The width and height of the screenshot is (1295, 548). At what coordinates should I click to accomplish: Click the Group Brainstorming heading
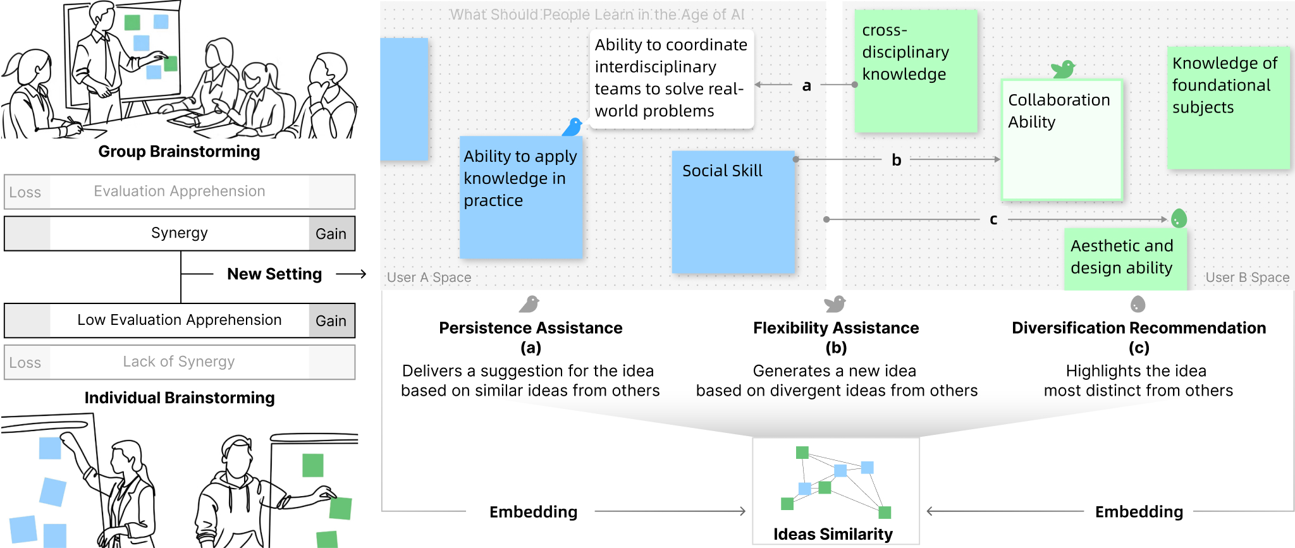point(179,152)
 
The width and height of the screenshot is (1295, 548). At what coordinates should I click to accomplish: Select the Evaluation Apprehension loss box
point(180,192)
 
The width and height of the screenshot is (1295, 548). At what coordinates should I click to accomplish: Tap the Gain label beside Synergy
point(331,234)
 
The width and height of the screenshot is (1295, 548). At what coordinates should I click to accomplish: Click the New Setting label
point(274,274)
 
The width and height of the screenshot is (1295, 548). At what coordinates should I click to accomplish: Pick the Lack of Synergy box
point(180,362)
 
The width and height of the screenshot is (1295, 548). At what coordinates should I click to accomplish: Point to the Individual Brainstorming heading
point(180,398)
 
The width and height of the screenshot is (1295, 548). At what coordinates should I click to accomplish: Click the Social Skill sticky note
point(733,211)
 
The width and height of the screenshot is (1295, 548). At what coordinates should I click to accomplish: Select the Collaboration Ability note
point(1062,140)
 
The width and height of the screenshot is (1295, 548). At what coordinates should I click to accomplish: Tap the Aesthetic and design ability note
point(1125,258)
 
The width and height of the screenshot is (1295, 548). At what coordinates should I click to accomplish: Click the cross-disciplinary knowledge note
point(915,71)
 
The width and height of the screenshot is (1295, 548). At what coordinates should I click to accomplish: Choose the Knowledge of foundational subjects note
point(1228,107)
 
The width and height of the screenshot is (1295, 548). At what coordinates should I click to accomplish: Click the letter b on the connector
point(896,160)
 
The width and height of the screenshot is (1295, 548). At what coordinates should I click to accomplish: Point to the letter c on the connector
point(993,219)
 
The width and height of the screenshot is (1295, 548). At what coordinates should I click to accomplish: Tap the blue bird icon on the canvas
point(573,127)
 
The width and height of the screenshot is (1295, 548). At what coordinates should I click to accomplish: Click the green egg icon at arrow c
point(1179,219)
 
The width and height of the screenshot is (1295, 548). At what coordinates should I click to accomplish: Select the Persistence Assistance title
point(531,328)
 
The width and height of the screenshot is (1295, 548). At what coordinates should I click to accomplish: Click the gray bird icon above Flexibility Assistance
point(835,304)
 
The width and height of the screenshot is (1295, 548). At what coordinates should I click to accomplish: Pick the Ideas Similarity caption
point(833,534)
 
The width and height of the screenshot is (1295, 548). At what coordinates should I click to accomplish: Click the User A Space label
point(429,277)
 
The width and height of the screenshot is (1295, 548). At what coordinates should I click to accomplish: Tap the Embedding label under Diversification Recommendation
point(1139,512)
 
